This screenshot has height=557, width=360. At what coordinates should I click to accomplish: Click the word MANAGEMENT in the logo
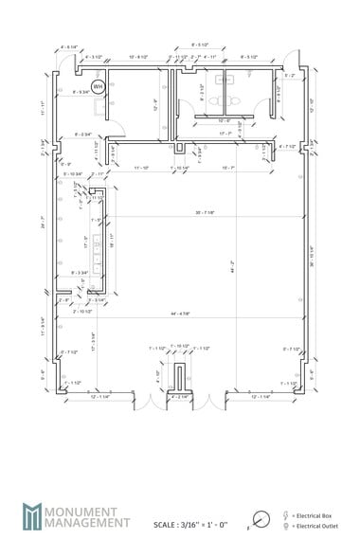click(x=93, y=521)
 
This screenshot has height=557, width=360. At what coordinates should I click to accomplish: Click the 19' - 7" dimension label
click(x=227, y=167)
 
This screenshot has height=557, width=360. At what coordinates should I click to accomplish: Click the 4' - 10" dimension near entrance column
click(x=157, y=373)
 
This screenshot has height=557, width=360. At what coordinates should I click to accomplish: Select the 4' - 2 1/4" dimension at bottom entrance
click(x=177, y=396)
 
